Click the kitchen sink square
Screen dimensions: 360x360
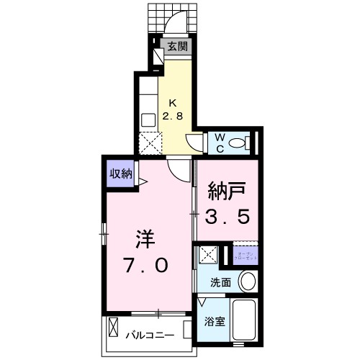coord(149,119)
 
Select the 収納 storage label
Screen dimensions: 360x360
coord(120,173)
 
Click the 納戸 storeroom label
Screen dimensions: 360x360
coord(223,192)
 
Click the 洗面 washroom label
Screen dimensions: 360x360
coord(220,283)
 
